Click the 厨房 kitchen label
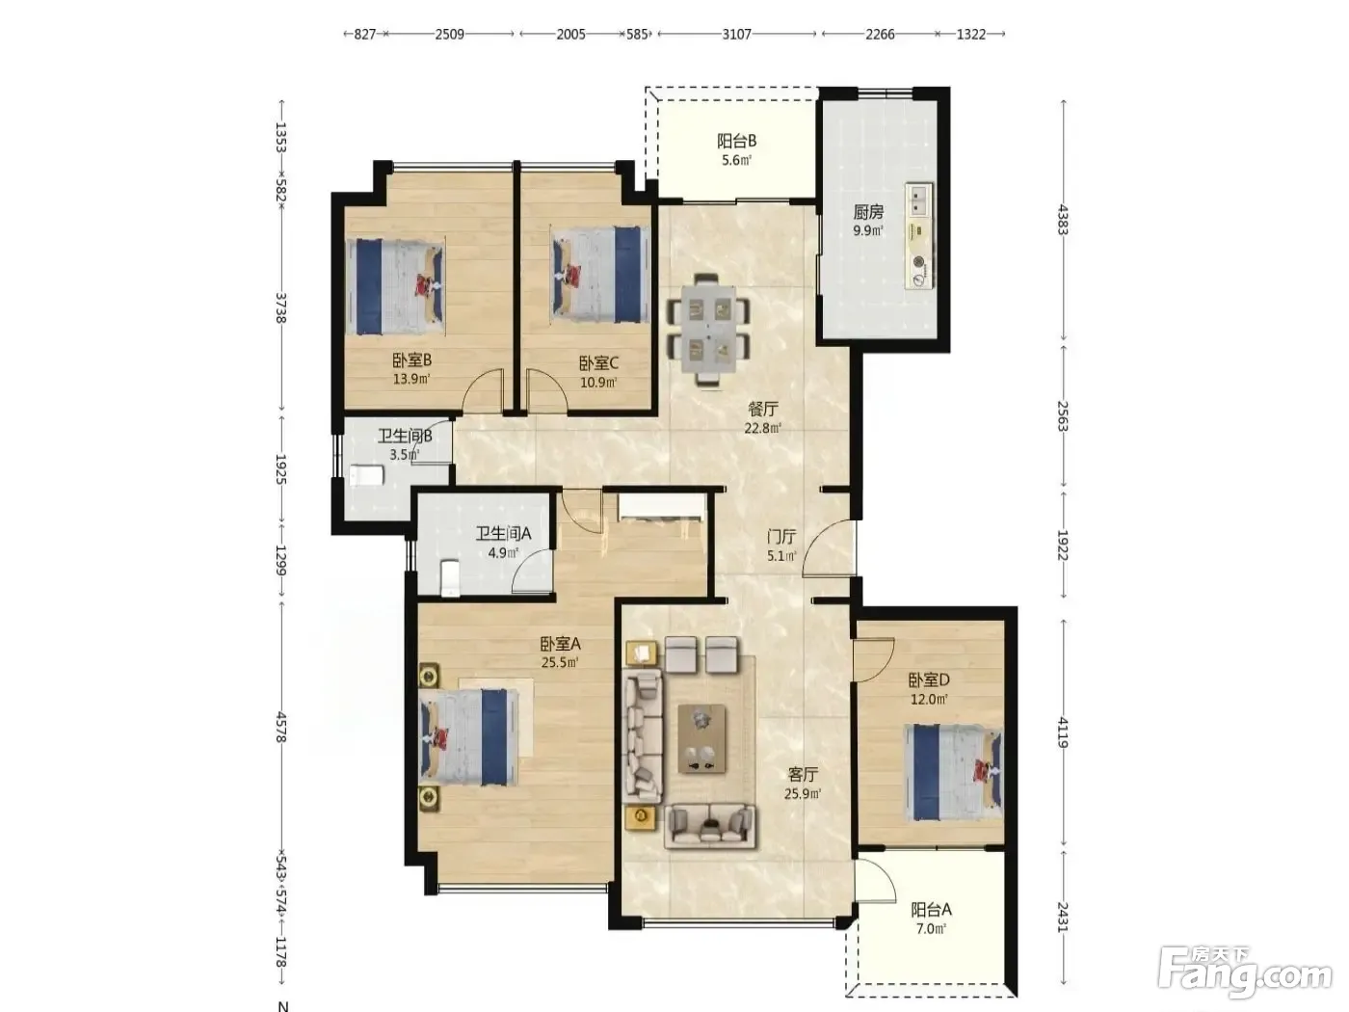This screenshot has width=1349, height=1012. pyautogui.click(x=868, y=212)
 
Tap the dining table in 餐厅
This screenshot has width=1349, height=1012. pyautogui.click(x=708, y=330)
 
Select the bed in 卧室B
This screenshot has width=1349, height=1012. pyautogui.click(x=395, y=287)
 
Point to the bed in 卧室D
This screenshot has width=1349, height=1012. pyautogui.click(x=953, y=772)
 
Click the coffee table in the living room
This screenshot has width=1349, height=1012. pyautogui.click(x=701, y=738)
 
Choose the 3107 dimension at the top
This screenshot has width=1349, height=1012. pyautogui.click(x=736, y=35)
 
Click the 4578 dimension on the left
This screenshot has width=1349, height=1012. pyautogui.click(x=280, y=728)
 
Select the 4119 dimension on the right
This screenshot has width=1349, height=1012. pyautogui.click(x=1063, y=732)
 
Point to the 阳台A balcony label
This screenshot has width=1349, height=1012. pyautogui.click(x=931, y=909)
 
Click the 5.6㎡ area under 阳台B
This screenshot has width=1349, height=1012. pyautogui.click(x=736, y=161)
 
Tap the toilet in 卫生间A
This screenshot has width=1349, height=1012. pyautogui.click(x=451, y=577)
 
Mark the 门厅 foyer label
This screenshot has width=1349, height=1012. pyautogui.click(x=781, y=537)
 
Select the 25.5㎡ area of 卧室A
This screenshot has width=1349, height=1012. pyautogui.click(x=560, y=662)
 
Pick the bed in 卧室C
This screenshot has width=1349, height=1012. pyautogui.click(x=600, y=274)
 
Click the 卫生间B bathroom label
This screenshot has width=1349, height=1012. pyautogui.click(x=405, y=437)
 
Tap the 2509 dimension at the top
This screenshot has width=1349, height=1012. pyautogui.click(x=449, y=35)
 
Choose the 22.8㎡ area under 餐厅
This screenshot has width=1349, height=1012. pyautogui.click(x=763, y=428)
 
